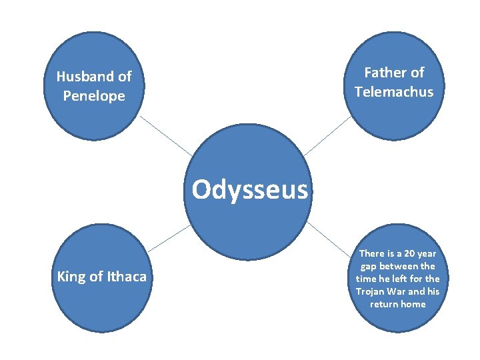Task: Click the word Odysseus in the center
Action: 250,190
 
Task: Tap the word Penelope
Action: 94,96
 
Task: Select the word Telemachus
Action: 394,91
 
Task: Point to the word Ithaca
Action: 127,276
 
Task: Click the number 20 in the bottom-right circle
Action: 409,253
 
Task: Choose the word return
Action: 383,304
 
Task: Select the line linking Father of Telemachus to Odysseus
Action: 327,137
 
